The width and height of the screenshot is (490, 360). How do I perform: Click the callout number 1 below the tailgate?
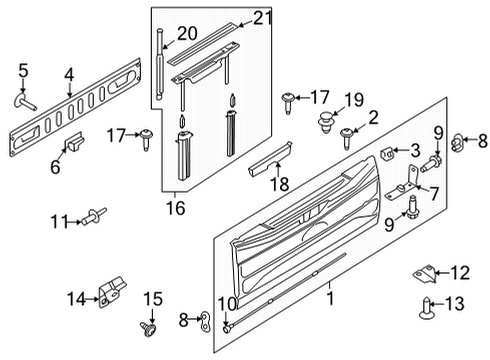(x=330, y=298)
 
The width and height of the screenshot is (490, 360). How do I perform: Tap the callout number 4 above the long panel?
(x=69, y=73)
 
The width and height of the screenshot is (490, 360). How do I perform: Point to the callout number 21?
(x=262, y=17)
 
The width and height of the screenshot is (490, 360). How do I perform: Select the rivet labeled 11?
(x=96, y=214)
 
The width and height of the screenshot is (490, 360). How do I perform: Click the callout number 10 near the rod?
(x=227, y=304)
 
